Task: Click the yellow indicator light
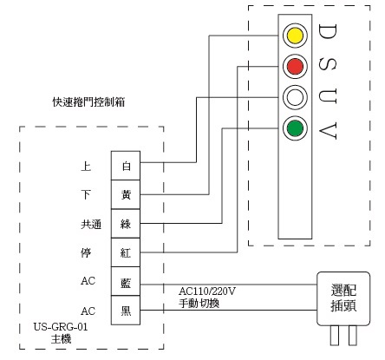tap(295, 36)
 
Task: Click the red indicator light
tap(295, 66)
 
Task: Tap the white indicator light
tap(295, 97)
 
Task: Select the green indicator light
tap(295, 129)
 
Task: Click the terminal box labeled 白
tap(126, 164)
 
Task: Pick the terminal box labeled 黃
tap(126, 193)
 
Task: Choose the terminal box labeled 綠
tap(126, 223)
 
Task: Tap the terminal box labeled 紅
tap(126, 252)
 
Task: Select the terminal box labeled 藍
tap(126, 283)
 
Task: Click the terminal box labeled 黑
tap(126, 311)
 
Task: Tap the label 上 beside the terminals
tap(84, 164)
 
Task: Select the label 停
tap(84, 252)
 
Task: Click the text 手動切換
tap(199, 304)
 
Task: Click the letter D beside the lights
tap(329, 34)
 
